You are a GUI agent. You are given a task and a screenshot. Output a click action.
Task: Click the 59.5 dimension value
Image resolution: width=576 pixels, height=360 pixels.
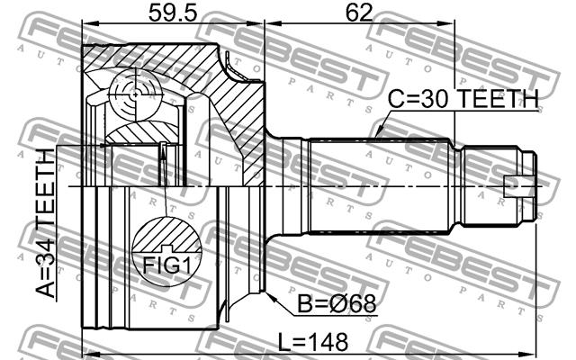point(173,13)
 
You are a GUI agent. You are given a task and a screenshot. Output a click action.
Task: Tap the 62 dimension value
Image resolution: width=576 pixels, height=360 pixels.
point(359,13)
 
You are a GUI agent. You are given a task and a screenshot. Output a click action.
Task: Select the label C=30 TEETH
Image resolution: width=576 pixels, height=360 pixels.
point(463,99)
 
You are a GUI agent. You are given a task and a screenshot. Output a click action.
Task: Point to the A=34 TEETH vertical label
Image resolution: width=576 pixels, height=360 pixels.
point(46,223)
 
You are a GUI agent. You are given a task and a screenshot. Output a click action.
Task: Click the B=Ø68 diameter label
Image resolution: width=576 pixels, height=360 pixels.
point(337,304)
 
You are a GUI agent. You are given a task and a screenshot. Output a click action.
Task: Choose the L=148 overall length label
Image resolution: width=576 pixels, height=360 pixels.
point(312,342)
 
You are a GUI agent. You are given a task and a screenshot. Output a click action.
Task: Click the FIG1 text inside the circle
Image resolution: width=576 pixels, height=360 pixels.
point(167,265)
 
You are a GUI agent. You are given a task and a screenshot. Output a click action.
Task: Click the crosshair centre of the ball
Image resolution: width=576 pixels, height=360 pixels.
point(136,94)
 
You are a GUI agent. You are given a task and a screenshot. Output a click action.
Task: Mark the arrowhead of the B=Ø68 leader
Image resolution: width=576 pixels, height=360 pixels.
point(269,296)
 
